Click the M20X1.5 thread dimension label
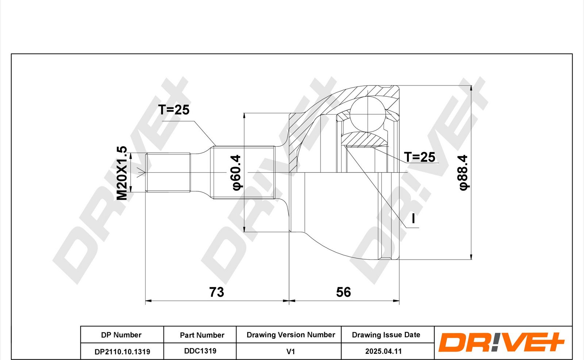click(122, 173)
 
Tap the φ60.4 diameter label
click(236, 172)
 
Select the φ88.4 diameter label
click(464, 172)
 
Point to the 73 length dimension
click(216, 292)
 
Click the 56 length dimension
click(343, 292)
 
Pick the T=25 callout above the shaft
click(174, 110)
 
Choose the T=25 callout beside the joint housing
click(419, 157)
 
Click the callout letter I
click(413, 219)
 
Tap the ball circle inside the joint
click(367, 114)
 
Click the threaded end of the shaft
click(168, 172)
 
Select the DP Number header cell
click(121, 335)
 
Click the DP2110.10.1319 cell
click(122, 352)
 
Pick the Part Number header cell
click(202, 335)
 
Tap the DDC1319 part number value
click(200, 351)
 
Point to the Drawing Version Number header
click(291, 335)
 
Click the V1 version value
click(291, 351)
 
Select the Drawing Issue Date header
click(386, 335)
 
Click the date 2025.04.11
click(383, 351)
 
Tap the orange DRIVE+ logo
click(501, 342)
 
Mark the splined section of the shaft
click(244, 172)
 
